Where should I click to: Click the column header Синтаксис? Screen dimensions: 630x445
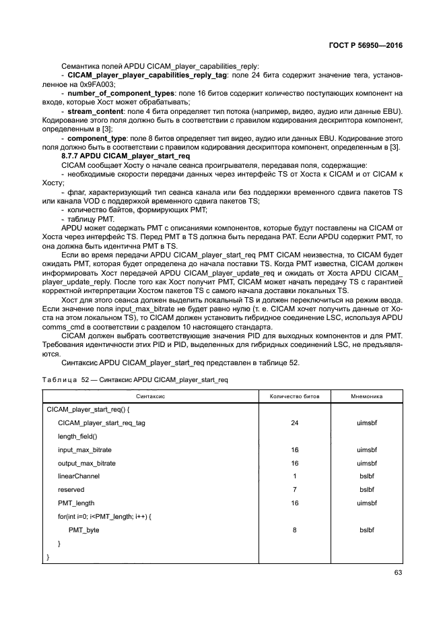click(151, 396)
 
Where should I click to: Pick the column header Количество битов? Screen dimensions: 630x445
click(294, 396)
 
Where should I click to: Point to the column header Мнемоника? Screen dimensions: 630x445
click(366, 396)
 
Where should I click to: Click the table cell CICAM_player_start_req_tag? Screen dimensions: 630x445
click(102, 423)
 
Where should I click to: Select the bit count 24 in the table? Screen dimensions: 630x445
click(294, 423)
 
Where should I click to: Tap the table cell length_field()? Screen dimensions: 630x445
click(77, 437)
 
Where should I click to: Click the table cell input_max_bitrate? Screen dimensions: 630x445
click(84, 450)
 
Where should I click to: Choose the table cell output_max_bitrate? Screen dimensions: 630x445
click(87, 464)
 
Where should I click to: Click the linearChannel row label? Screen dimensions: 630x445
click(78, 476)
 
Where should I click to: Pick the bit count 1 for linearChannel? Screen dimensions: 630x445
click(294, 476)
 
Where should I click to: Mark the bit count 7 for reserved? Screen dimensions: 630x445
click(294, 490)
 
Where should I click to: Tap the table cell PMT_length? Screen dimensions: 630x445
click(76, 503)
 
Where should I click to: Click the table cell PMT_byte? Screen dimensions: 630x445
click(83, 530)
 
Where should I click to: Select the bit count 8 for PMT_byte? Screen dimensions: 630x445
click(294, 530)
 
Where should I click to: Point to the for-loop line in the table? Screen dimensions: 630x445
click(105, 517)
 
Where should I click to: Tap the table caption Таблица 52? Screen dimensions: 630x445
click(64, 380)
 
